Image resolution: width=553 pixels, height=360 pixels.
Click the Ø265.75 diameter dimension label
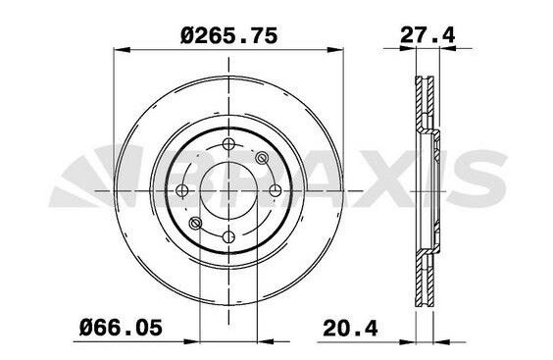228,36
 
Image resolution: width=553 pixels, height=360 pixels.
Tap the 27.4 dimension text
427,35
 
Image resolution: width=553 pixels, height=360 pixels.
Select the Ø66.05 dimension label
122,328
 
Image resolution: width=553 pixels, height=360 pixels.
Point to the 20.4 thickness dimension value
350,328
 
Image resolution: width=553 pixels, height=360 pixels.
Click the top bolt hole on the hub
228,143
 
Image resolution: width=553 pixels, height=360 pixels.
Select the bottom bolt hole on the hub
228,236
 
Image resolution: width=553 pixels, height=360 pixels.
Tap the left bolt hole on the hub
182,190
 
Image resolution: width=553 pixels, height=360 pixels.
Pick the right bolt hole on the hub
276,190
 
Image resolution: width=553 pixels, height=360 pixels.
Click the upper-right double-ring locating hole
262,158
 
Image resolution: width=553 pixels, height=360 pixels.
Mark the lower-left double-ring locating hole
195,223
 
